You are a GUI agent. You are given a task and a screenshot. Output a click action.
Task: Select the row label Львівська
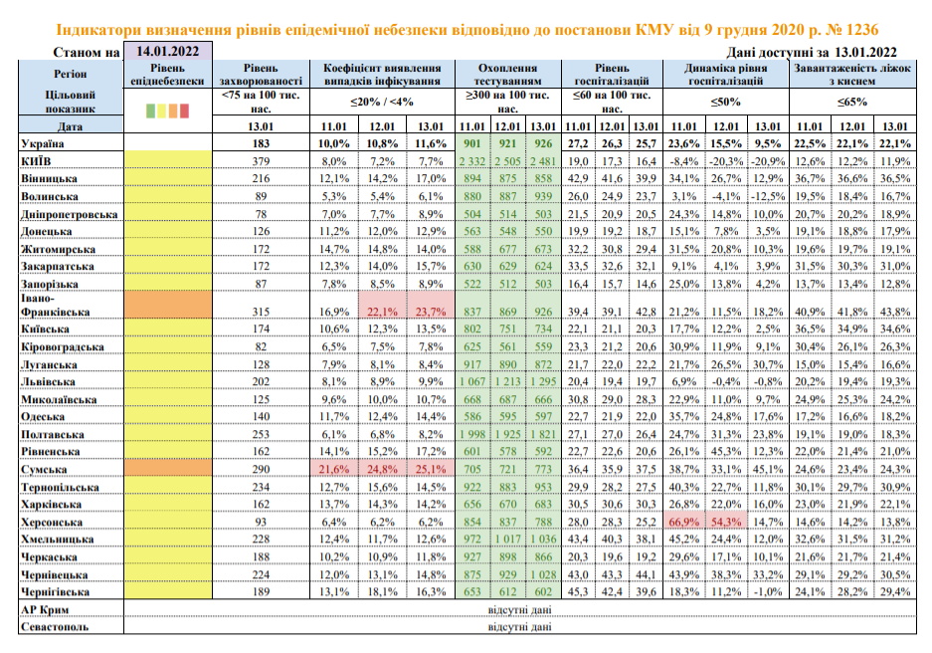click(49, 381)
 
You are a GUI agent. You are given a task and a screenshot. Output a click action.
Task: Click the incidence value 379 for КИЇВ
click(262, 161)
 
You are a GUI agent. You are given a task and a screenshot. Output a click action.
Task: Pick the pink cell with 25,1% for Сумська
click(430, 468)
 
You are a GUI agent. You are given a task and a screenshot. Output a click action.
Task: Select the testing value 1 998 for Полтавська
click(470, 434)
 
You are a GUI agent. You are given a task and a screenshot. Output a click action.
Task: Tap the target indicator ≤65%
click(851, 102)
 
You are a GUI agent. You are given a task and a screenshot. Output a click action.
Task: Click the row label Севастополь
click(54, 627)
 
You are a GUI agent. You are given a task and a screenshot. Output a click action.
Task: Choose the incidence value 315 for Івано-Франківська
click(262, 311)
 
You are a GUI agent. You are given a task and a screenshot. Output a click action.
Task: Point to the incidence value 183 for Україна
click(262, 145)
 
